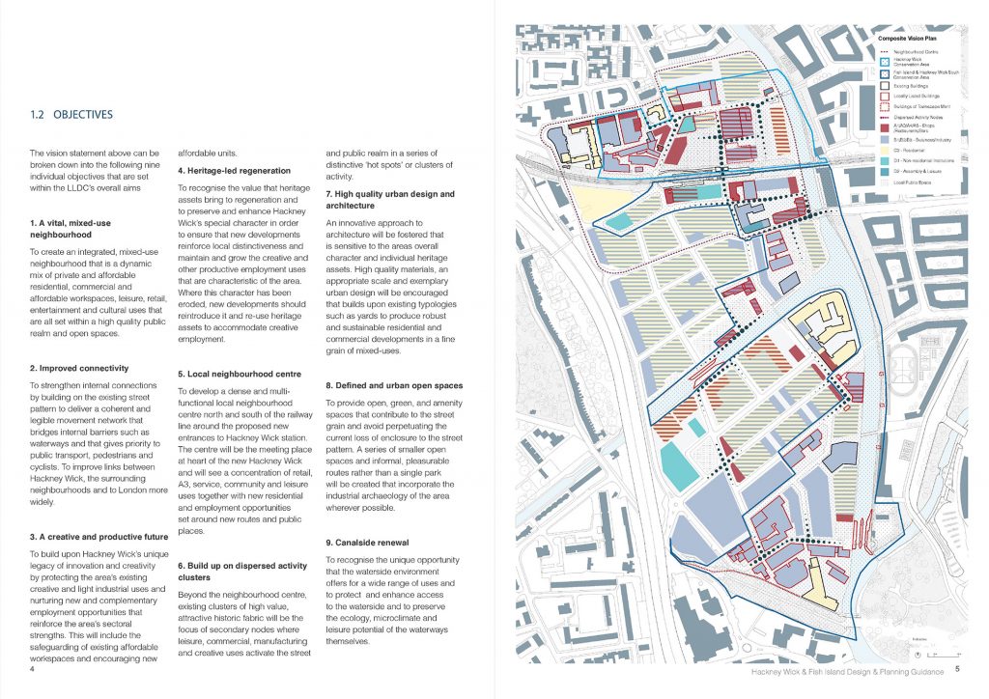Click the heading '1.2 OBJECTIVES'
point(71,115)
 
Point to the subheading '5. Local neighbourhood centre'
point(240,374)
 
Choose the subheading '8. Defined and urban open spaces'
point(393,385)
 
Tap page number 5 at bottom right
point(957,667)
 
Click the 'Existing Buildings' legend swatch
point(887,85)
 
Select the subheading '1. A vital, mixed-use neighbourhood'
point(74,228)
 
